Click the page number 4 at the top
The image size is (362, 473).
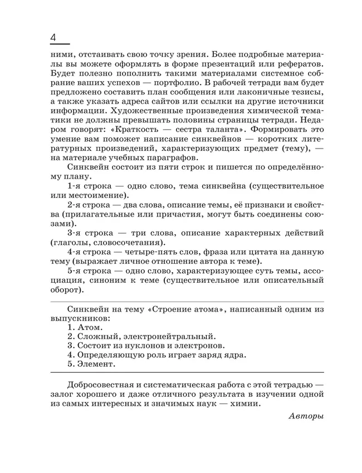[55, 37]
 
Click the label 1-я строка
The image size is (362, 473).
[91, 185]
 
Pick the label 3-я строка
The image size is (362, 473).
[91, 232]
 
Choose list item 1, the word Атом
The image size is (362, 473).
[89, 328]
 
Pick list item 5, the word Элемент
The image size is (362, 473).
[96, 364]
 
